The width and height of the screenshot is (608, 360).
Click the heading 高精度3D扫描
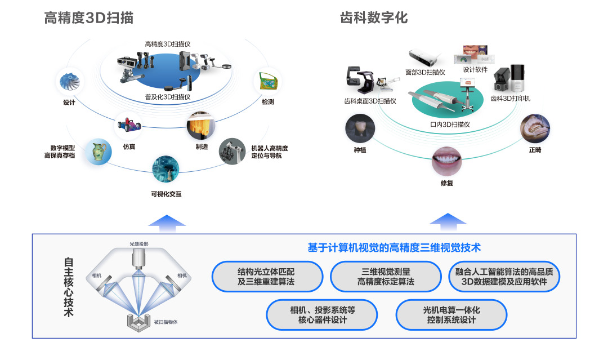coord(89,18)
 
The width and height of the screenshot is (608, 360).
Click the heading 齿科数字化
coord(374,18)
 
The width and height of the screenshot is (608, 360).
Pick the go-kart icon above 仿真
coord(128,124)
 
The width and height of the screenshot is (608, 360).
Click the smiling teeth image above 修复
coord(446,161)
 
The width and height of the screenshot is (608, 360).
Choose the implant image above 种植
coord(360,128)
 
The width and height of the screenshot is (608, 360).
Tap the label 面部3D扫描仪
coord(425,72)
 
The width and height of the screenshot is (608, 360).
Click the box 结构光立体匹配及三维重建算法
coord(266,277)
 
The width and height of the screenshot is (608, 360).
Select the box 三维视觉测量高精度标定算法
coord(386,277)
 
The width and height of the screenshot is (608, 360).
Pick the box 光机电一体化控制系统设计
coord(451,315)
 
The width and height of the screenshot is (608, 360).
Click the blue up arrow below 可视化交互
coord(167,222)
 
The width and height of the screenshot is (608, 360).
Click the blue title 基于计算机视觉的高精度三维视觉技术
coord(394,247)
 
